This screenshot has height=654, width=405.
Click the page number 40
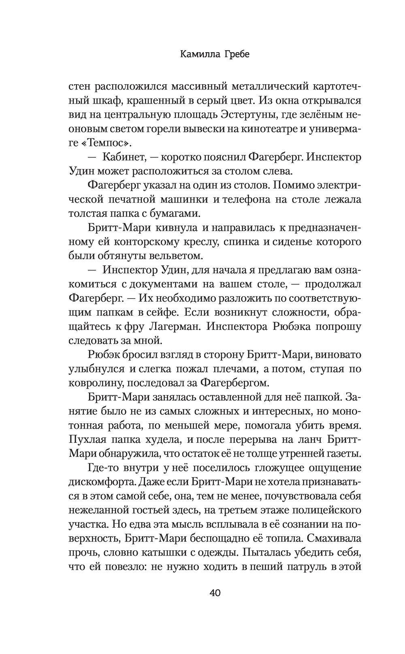point(215,593)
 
